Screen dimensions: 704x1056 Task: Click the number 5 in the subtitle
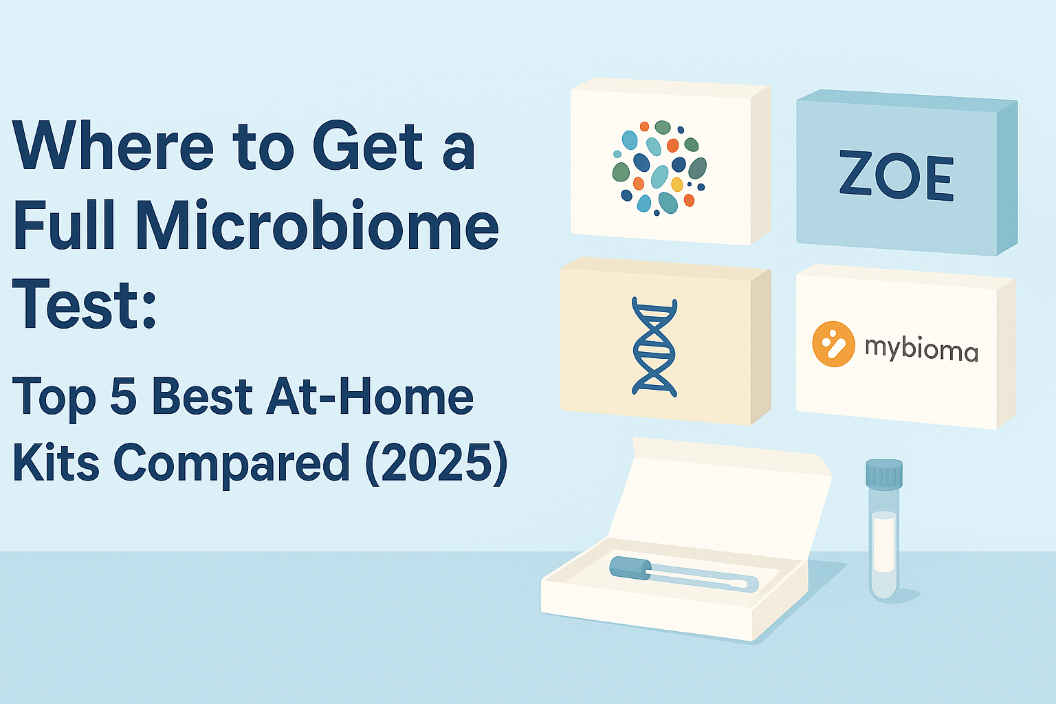[123, 397]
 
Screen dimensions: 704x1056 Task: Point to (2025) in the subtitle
[437, 462]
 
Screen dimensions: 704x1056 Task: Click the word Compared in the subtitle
[232, 462]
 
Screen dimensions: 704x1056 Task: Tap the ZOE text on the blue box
[896, 177]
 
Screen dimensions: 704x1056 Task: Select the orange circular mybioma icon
[833, 344]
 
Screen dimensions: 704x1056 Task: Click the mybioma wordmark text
[921, 349]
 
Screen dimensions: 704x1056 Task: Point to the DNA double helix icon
[654, 347]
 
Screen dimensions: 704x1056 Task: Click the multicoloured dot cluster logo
[659, 167]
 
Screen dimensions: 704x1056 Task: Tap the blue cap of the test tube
[883, 474]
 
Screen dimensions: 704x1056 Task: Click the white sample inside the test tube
[883, 542]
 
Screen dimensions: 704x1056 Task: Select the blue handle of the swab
[630, 567]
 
